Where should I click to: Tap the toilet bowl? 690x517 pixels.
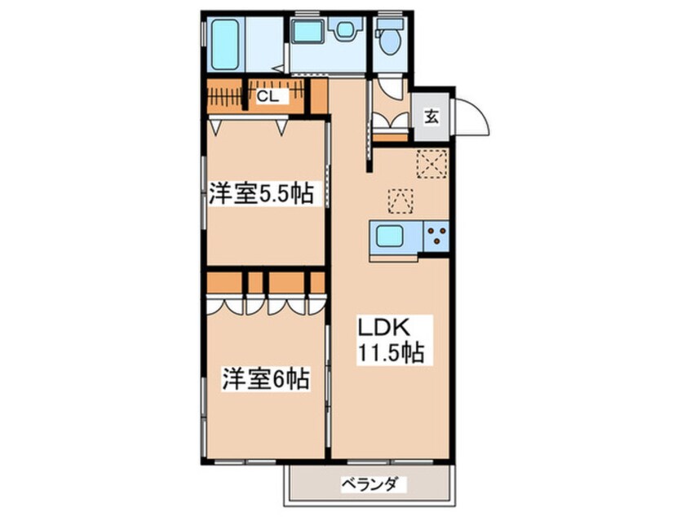[x=389, y=41]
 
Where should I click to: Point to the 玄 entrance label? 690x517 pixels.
[x=431, y=116]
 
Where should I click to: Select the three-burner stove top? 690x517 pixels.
[x=437, y=237]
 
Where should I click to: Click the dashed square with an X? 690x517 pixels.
[x=431, y=164]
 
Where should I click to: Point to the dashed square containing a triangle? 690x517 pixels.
[x=400, y=200]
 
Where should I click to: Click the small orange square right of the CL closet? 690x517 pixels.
[x=319, y=96]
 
